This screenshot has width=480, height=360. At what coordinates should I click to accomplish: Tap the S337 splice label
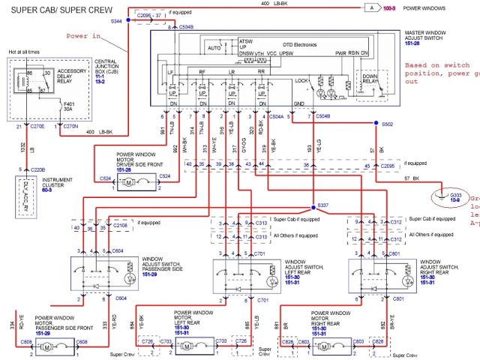[x=323, y=205]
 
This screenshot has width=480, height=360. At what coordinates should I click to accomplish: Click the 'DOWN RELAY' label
[x=369, y=79]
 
